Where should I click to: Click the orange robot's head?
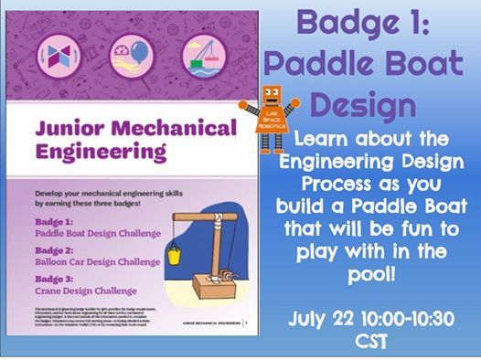(272, 98)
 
